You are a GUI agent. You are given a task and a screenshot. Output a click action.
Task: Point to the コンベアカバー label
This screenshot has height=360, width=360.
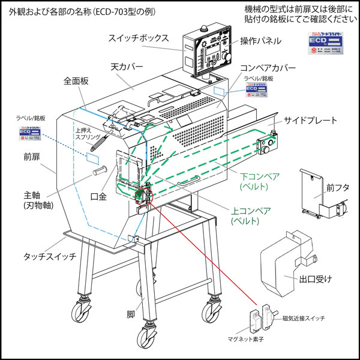pyautogui.click(x=268, y=68)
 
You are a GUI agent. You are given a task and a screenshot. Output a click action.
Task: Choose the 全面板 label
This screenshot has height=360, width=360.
pyautogui.click(x=76, y=79)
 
